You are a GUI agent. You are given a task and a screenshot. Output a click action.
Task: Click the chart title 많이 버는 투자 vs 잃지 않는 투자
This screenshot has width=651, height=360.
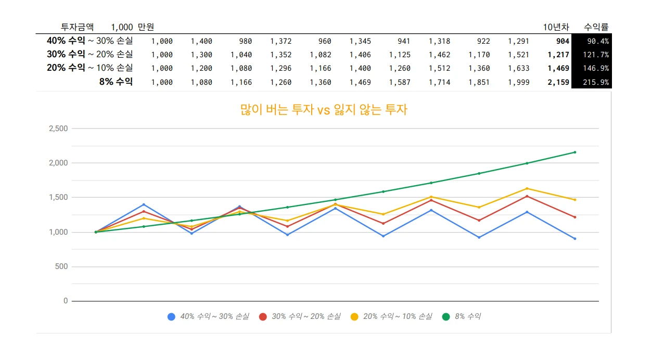click(x=323, y=110)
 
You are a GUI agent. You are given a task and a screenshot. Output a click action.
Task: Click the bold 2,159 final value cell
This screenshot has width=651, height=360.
click(x=558, y=82)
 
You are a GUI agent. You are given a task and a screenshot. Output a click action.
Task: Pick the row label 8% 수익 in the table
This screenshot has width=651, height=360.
click(x=116, y=82)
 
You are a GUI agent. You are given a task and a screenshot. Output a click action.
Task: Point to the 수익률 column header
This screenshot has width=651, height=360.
click(x=596, y=27)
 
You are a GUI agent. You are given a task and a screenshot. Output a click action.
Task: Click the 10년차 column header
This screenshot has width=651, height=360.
click(x=556, y=27)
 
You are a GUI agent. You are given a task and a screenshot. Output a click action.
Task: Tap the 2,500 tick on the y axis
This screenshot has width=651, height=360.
click(x=58, y=128)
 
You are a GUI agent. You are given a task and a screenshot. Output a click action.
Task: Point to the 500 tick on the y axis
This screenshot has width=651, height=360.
click(x=62, y=266)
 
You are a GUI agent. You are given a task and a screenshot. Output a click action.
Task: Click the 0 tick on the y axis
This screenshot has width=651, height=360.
click(x=66, y=301)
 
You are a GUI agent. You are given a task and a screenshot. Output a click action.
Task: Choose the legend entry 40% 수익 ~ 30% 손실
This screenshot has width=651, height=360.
click(x=208, y=316)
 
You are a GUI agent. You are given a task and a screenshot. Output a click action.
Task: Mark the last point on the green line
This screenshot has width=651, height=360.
click(x=575, y=152)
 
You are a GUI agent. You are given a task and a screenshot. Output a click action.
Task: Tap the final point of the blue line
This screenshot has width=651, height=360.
click(x=575, y=239)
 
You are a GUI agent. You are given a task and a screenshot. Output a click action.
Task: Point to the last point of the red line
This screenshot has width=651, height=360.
click(x=575, y=217)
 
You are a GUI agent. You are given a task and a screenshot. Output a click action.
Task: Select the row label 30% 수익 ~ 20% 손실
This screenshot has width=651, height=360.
click(x=90, y=54)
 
